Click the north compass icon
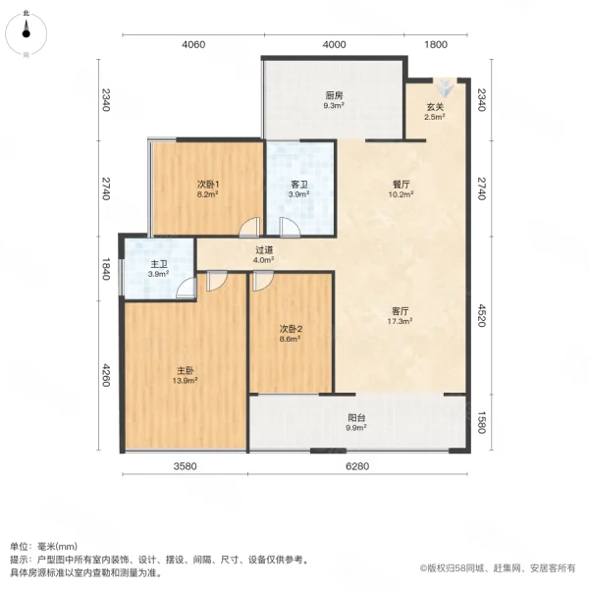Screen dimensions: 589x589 click(26, 31)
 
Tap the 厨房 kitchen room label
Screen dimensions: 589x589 click(334, 96)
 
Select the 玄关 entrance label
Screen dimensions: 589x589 click(434, 107)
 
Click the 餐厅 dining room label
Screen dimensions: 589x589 click(398, 184)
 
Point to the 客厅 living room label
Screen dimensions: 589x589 click(398, 310)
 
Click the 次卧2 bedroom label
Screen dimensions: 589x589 click(290, 328)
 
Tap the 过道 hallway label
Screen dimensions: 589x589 click(263, 250)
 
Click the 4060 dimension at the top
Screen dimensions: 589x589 click(193, 44)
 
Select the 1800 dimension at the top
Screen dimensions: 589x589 click(436, 44)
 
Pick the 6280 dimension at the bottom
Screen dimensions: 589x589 click(357, 466)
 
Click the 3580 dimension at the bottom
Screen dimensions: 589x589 click(186, 466)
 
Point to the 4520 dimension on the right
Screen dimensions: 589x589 click(481, 317)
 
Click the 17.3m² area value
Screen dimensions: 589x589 click(398, 321)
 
